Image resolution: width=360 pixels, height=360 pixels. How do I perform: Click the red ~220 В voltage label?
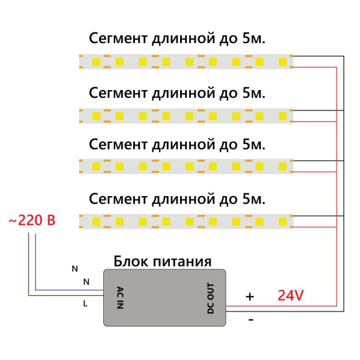31,220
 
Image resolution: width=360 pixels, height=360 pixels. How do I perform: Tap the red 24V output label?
291,295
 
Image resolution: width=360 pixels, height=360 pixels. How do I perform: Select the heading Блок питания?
162,262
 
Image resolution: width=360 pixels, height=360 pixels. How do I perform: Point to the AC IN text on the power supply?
120,297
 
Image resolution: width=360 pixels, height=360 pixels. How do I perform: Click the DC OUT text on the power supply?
209,297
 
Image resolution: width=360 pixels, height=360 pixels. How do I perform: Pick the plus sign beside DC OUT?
250,296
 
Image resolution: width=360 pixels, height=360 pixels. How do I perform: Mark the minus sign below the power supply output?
251,320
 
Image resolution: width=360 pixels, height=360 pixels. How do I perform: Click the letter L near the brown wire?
85,304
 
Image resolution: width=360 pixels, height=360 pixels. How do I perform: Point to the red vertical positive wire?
337,180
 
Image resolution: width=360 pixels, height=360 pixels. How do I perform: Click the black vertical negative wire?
344,180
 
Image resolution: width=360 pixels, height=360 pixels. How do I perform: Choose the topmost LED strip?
186,61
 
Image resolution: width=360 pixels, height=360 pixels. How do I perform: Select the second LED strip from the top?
186,114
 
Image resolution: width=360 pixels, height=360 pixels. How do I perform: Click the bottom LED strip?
186,220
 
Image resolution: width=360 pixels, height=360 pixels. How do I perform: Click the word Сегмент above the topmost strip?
118,39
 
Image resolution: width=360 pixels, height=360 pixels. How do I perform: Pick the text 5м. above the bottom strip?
254,198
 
